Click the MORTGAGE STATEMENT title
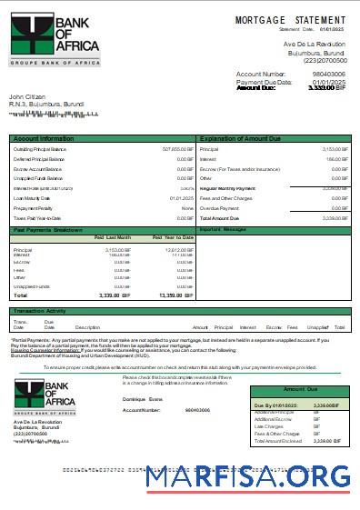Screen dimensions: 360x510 tap(290, 19)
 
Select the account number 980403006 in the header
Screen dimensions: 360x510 tap(328, 74)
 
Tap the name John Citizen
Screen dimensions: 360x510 tap(28, 95)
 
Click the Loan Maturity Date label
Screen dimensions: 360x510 tap(32, 198)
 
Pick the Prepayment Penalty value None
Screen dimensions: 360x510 tap(187, 208)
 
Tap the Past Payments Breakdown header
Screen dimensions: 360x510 tap(48, 230)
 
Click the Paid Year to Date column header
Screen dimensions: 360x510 tap(174, 238)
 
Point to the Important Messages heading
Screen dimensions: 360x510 tap(222, 230)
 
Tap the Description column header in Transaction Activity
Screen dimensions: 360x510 tap(87, 326)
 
